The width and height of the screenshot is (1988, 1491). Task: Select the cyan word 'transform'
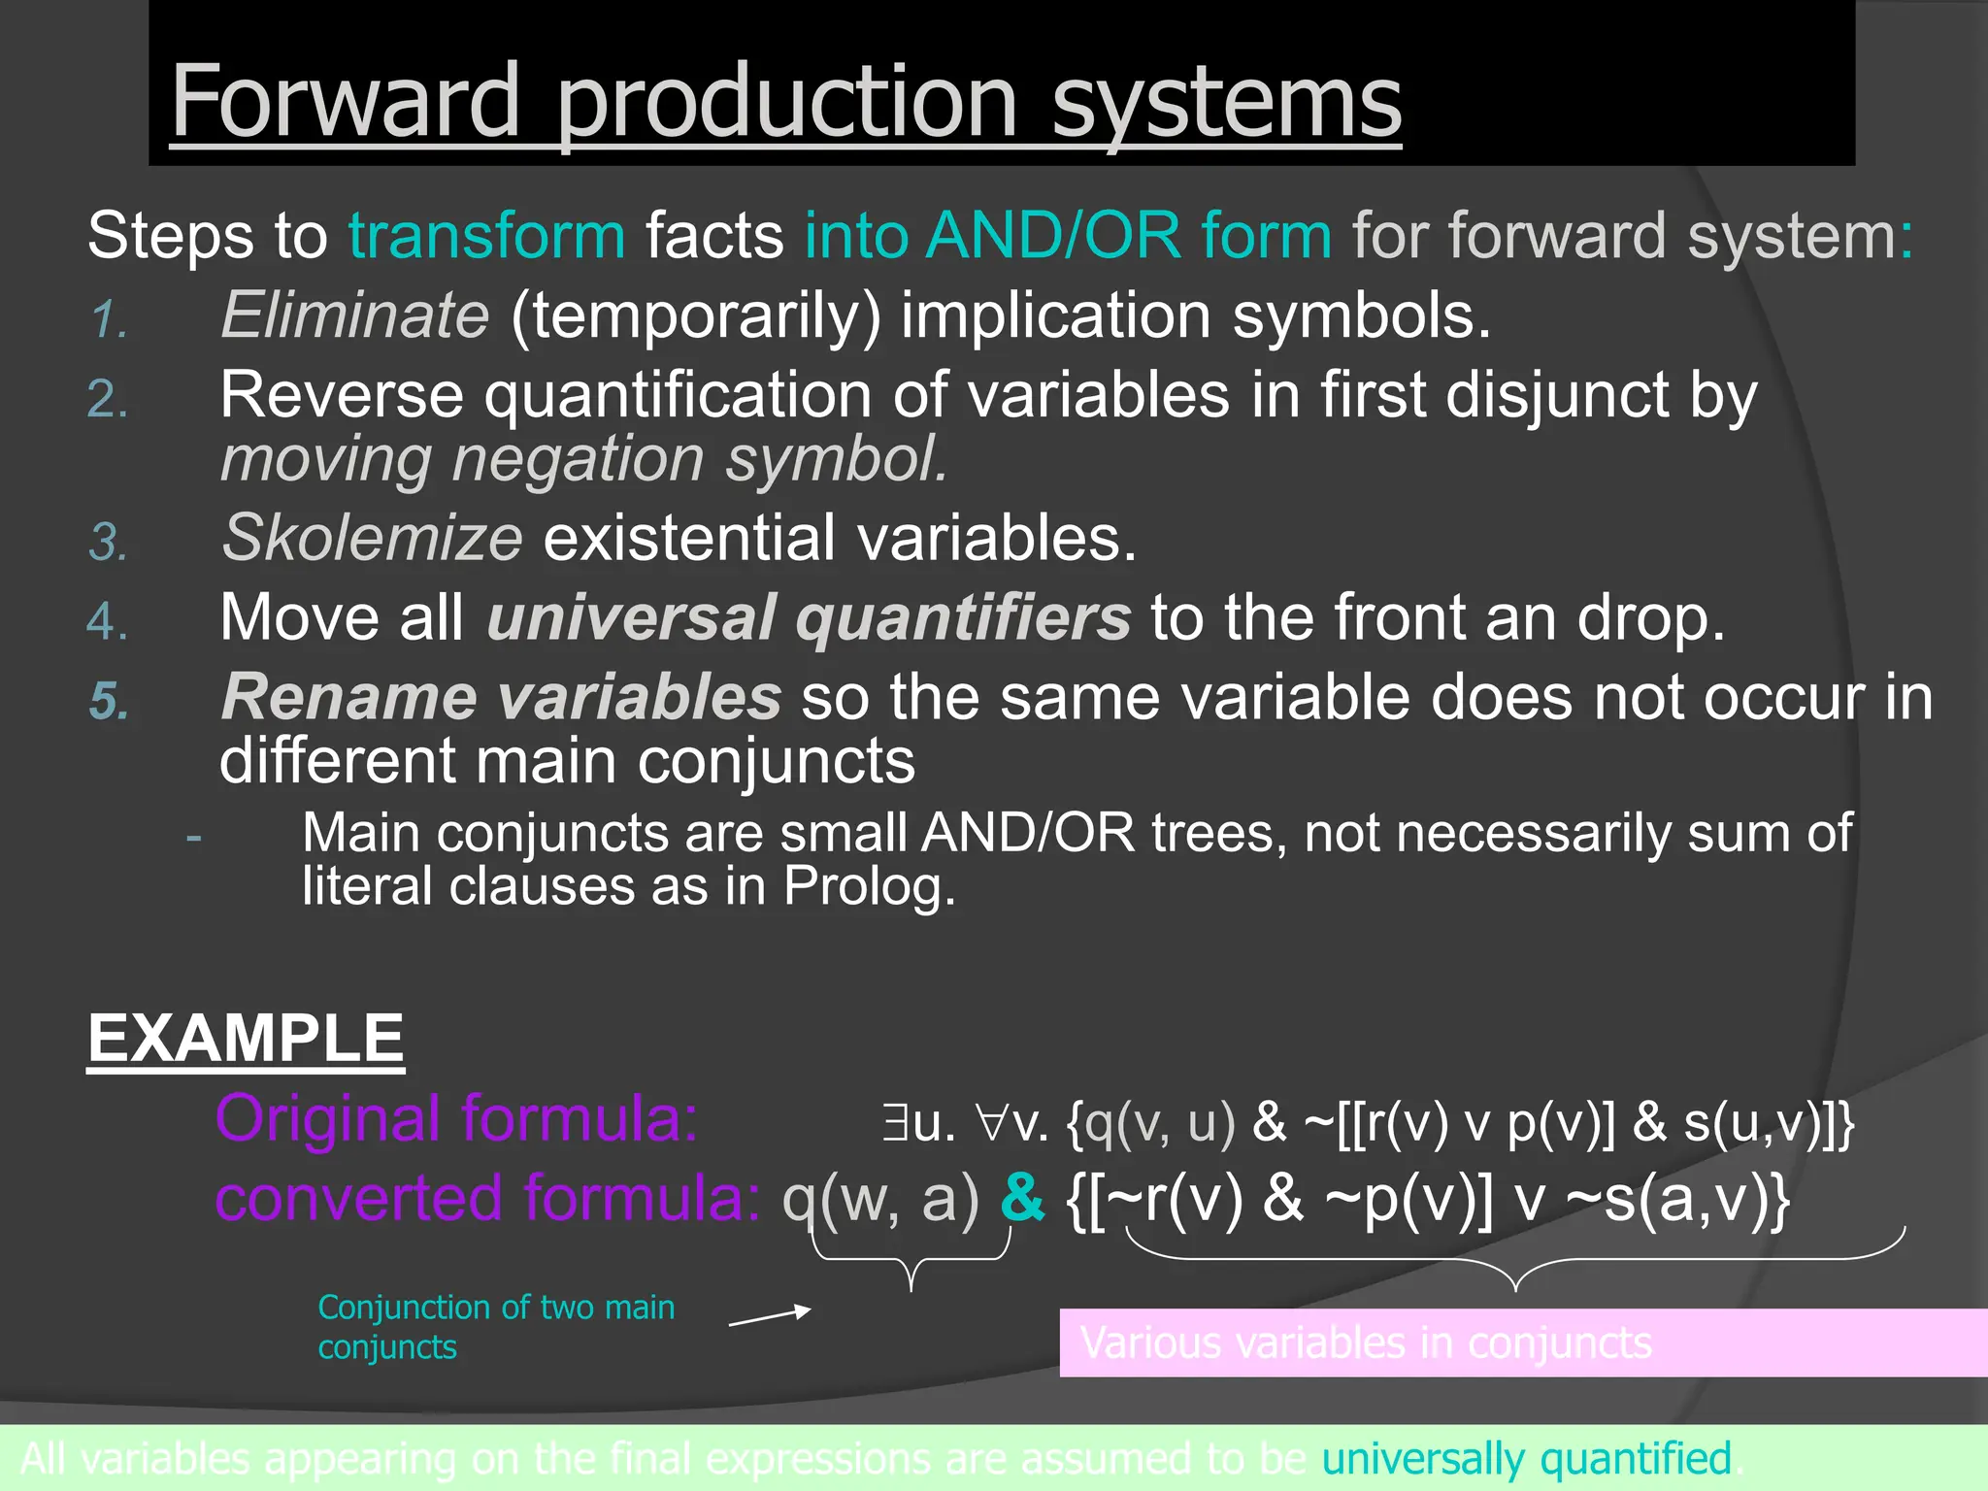tap(487, 236)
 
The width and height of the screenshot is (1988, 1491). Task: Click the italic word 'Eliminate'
tap(355, 315)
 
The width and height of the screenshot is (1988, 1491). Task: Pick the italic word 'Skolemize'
tap(373, 538)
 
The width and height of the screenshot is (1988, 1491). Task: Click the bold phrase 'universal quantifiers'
tap(809, 618)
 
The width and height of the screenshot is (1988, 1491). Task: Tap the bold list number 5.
tap(110, 701)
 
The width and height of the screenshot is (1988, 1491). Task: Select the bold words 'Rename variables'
tap(501, 698)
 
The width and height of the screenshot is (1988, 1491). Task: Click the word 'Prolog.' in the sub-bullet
tap(869, 886)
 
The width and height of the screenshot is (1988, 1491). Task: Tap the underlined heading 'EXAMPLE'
tap(246, 1040)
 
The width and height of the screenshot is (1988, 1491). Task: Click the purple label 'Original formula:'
tap(456, 1119)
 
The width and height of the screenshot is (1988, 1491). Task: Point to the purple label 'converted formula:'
tap(487, 1199)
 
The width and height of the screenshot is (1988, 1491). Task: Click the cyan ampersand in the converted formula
tap(1022, 1199)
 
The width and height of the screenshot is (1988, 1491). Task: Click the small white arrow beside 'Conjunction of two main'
tap(770, 1316)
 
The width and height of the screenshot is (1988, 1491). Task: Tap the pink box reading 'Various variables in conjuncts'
tap(1522, 1343)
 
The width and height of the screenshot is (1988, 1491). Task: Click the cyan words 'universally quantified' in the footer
tap(1527, 1459)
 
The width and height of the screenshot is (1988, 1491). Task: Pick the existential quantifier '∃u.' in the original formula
tap(918, 1123)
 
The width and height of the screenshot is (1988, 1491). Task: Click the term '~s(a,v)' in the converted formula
tap(1676, 1200)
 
